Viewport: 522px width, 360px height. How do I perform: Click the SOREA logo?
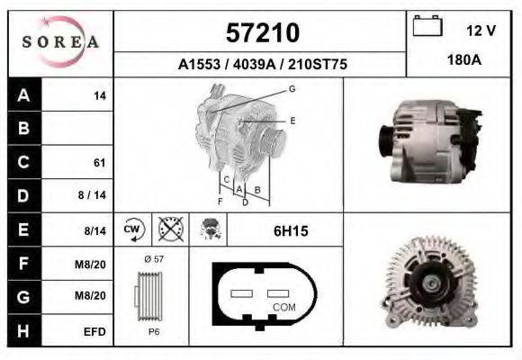(60, 42)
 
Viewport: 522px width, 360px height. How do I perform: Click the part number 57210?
(261, 33)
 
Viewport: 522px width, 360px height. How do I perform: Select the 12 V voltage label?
(481, 31)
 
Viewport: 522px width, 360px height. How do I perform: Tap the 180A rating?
(463, 61)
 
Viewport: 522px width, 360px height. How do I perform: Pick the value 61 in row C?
(99, 163)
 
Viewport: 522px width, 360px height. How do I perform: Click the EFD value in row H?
(94, 331)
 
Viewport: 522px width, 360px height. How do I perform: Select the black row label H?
(23, 331)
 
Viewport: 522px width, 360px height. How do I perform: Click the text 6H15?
(291, 231)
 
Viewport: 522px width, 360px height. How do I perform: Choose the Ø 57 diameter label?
(152, 259)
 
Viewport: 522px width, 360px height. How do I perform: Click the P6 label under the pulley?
(152, 330)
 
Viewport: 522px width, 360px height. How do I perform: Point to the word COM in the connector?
(283, 308)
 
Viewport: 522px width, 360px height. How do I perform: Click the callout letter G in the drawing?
(292, 88)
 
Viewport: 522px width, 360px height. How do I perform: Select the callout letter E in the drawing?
(292, 120)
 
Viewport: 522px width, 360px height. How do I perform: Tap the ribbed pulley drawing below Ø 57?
(151, 294)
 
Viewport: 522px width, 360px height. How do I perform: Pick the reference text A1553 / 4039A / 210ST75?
(262, 65)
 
